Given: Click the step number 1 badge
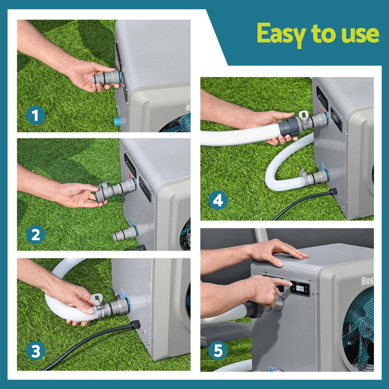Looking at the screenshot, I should (x=35, y=115).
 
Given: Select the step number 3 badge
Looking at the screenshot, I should (x=35, y=352).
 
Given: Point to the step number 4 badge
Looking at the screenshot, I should (x=218, y=201).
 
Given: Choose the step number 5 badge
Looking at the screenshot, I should (x=218, y=352).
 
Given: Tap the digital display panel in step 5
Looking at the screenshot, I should (x=300, y=289).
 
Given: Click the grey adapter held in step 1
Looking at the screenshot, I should (x=106, y=77).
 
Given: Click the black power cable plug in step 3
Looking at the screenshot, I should (x=135, y=325).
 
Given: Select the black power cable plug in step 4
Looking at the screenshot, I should (x=333, y=191).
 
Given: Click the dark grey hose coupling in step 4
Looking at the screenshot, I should (x=290, y=127).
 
